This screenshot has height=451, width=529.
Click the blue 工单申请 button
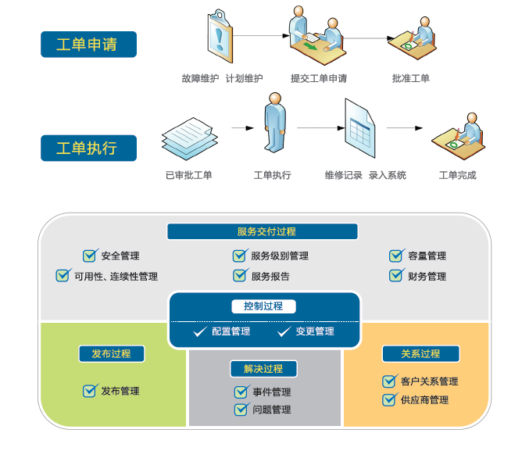[88, 45]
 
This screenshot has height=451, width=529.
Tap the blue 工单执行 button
[88, 148]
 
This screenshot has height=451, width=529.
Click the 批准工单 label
[411, 78]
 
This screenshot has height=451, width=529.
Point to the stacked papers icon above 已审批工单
[188, 138]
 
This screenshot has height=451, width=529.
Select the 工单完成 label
[458, 175]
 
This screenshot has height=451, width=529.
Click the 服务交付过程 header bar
[263, 231]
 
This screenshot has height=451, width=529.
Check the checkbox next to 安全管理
[90, 256]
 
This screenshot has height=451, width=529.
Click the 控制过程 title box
[264, 306]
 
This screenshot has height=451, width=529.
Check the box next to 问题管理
[241, 410]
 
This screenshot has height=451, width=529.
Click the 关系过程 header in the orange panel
[420, 353]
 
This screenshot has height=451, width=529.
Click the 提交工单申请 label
[319, 78]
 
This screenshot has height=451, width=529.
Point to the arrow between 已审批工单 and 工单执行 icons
[242, 127]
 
